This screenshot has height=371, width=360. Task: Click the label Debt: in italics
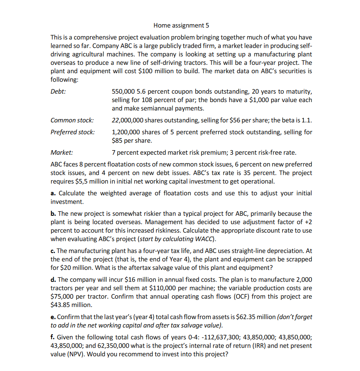click(58, 92)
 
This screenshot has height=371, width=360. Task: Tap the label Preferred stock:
click(72, 132)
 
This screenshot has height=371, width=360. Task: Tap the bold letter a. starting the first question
click(53, 193)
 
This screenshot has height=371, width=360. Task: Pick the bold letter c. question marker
click(53, 251)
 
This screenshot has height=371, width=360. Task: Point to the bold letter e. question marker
click(53, 317)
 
